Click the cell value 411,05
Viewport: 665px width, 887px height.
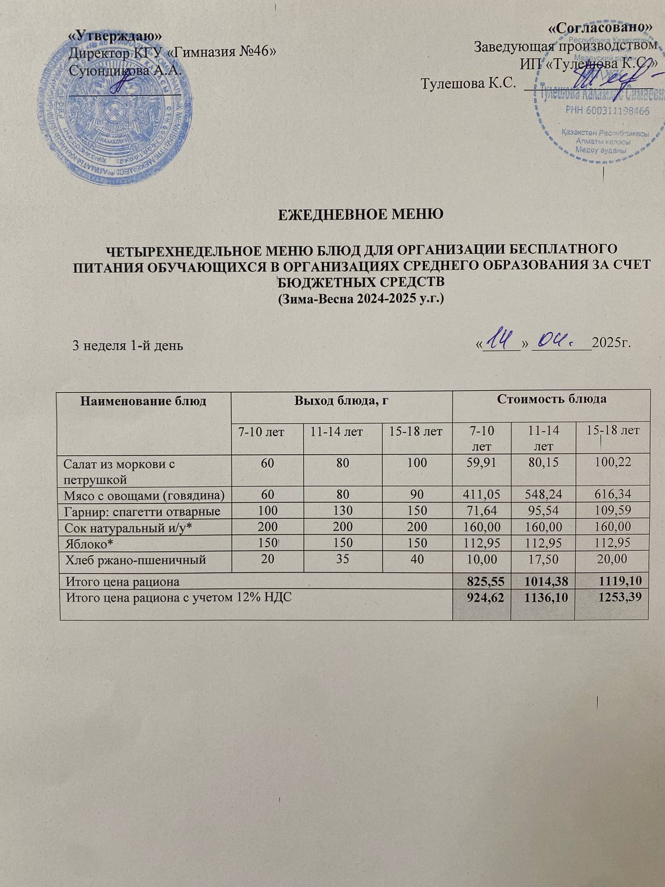coord(480,495)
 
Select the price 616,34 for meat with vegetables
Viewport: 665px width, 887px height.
coord(612,495)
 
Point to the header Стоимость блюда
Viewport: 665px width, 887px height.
coord(551,399)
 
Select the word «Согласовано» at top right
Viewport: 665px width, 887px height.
coord(599,27)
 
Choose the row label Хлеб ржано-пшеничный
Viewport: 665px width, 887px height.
coord(136,560)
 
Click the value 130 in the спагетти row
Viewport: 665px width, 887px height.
coord(342,511)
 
